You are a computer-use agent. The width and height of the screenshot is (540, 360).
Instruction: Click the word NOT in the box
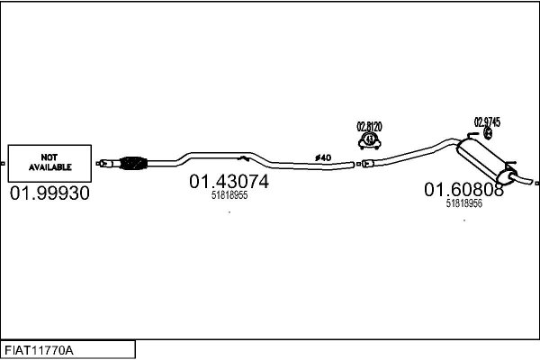[x=49, y=157]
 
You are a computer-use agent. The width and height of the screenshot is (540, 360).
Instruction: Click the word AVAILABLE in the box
[x=49, y=167]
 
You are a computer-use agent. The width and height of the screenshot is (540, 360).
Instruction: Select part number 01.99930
[x=49, y=193]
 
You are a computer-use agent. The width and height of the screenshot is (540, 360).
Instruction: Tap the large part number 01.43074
[x=229, y=182]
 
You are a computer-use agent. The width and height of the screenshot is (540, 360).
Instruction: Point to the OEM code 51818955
[x=229, y=195]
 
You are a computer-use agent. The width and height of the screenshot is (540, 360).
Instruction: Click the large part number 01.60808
[x=463, y=190]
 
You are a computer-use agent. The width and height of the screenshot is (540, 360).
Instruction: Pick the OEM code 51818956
[x=463, y=203]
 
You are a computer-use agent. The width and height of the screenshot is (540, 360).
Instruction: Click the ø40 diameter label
[x=323, y=157]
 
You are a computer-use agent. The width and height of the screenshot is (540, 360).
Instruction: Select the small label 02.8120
[x=369, y=127]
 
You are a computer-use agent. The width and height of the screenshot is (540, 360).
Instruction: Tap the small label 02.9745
[x=487, y=122]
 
